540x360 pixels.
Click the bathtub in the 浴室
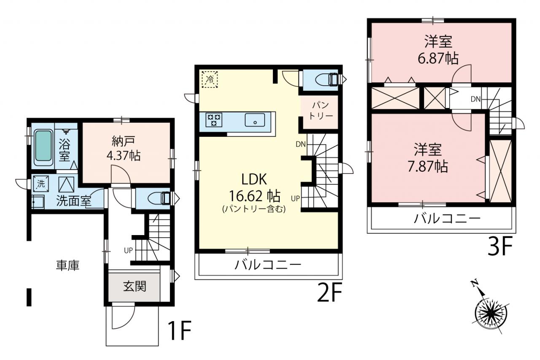43,148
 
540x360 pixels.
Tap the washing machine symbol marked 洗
41,184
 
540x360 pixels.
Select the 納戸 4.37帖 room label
124,149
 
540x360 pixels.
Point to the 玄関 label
135,287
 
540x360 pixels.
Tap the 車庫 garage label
68,265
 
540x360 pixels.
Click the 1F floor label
180,330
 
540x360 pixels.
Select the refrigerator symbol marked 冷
210,79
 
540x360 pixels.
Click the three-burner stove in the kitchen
214,120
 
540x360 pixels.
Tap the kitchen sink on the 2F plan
255,120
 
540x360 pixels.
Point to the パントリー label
321,111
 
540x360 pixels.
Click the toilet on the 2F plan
327,79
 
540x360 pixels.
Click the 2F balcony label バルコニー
268,265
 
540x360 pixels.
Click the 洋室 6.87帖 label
438,50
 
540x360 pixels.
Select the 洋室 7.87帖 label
428,158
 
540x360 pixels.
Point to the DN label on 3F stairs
475,99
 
